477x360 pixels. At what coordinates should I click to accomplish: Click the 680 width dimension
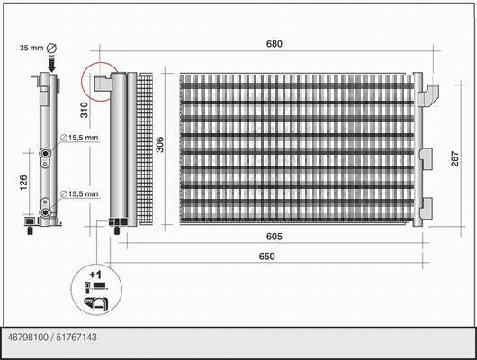coord(274,44)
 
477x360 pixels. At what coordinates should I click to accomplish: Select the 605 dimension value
coord(274,237)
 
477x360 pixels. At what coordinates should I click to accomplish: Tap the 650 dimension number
coord(266,256)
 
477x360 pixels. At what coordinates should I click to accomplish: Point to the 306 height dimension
coord(159,145)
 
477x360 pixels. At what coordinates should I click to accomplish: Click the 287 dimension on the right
coord(454,158)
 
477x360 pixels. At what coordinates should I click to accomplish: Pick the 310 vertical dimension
coord(84,110)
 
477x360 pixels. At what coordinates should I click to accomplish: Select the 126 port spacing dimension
coord(23,183)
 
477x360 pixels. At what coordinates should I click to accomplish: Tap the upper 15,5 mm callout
coord(80,138)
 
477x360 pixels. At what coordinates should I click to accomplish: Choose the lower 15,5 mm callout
coord(80,193)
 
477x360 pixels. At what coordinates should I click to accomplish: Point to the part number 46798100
coord(28,337)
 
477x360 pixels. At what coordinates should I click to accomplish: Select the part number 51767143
coord(76,337)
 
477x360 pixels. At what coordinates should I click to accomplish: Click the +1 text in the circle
coord(95,274)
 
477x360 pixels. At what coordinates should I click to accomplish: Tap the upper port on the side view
coord(46,153)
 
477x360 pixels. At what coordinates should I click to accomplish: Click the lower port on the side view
coord(46,212)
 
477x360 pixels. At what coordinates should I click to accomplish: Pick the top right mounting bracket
coord(428,95)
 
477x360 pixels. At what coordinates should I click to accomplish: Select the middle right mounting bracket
coord(427,158)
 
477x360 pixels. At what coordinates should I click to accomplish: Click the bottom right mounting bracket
coord(427,208)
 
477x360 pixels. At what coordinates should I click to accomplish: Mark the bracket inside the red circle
coord(103,83)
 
